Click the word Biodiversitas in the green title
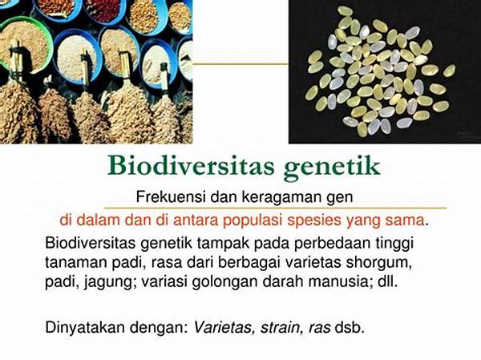click(x=191, y=166)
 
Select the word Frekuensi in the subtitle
click(x=171, y=196)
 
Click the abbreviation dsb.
click(x=350, y=328)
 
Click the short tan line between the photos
click(x=240, y=64)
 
